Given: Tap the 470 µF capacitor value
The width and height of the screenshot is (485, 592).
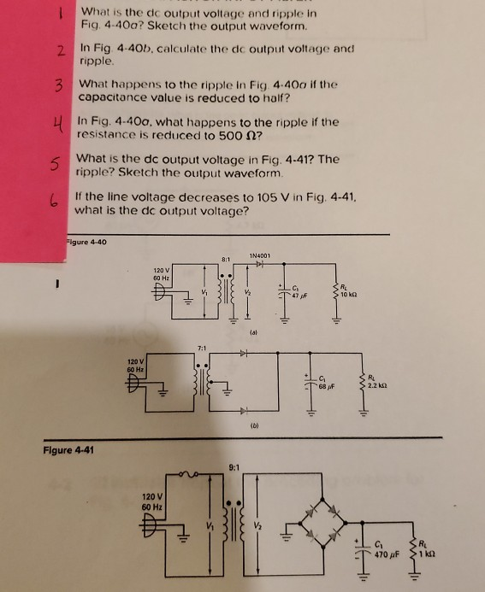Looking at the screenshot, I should [387, 553].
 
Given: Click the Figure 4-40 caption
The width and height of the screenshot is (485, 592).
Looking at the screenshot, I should [89, 242].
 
